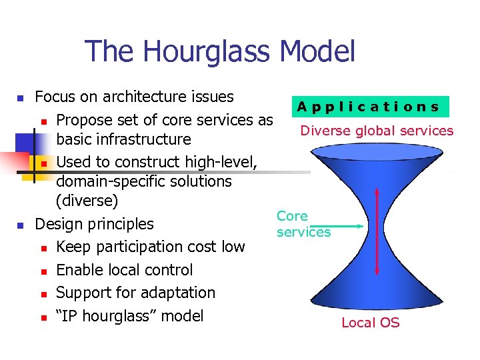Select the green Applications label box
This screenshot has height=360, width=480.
click(369, 107)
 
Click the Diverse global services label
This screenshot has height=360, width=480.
click(377, 131)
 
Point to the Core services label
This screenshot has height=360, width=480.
click(303, 224)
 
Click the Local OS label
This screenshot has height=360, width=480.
click(370, 323)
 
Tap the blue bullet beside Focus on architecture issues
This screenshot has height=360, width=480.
click(20, 98)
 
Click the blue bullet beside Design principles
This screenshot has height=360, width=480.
click(20, 225)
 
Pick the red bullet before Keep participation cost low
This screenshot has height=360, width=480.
click(43, 248)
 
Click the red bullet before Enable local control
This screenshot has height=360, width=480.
click(43, 271)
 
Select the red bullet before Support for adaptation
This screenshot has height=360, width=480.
click(43, 294)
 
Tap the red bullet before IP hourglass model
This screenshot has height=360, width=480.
click(43, 317)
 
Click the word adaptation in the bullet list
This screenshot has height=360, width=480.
click(179, 293)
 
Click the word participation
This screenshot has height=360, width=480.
click(138, 247)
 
